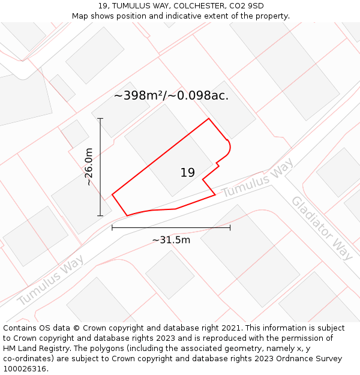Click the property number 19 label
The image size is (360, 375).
point(187,173)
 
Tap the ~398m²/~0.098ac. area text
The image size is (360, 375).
point(171,95)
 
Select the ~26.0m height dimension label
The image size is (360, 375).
point(89,167)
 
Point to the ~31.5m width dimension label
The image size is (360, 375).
point(171,240)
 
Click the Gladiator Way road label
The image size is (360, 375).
point(322,227)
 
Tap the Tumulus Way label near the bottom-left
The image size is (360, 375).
point(50,280)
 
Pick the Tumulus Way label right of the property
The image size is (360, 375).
point(257,178)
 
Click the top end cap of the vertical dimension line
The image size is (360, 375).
point(100,119)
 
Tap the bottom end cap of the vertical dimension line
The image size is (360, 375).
point(100,215)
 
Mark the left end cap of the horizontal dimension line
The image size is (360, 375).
point(112,227)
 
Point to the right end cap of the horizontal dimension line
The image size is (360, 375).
point(230,227)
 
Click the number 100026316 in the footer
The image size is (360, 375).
point(25,369)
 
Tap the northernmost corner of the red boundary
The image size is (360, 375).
point(208,119)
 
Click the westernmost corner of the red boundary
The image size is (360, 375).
point(112,194)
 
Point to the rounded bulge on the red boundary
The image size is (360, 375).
point(229,147)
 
